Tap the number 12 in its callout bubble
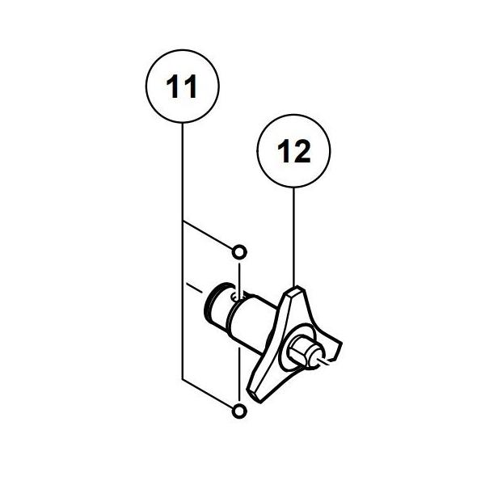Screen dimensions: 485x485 pos(293,151)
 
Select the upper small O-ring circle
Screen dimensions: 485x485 pos(238,248)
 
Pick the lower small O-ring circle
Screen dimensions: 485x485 pos(238,412)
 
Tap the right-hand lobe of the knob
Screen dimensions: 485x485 pos(338,348)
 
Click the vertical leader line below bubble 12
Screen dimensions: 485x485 pos(293,234)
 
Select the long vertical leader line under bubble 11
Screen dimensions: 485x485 pos(182,307)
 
